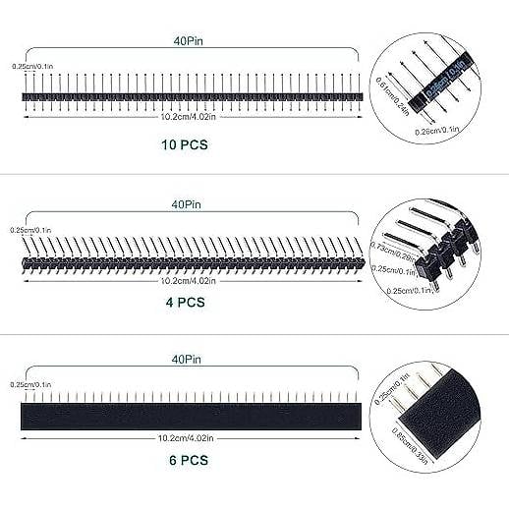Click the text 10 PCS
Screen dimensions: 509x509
pos(186,144)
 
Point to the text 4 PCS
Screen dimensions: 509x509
pos(186,303)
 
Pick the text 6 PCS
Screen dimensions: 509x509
pos(186,459)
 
